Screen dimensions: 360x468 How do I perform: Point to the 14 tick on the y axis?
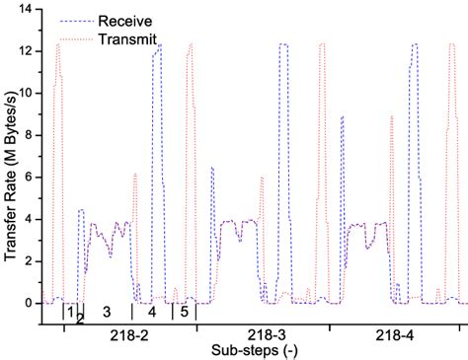27,9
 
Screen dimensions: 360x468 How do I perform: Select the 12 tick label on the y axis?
27,51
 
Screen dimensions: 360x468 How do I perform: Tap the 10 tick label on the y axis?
27,93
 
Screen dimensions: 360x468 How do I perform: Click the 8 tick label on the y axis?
30,135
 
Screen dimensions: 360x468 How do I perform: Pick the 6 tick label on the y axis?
30,178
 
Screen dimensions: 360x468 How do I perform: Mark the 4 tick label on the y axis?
30,219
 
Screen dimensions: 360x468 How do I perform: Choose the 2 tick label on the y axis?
30,261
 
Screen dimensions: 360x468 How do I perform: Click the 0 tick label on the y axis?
30,303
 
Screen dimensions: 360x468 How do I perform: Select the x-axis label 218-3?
263,335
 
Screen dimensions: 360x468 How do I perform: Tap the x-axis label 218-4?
395,335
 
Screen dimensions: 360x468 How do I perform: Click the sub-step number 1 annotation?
70,312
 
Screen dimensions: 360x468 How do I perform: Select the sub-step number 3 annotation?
106,312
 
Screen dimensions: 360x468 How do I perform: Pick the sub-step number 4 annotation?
152,312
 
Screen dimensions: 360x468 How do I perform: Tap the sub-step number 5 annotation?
184,312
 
